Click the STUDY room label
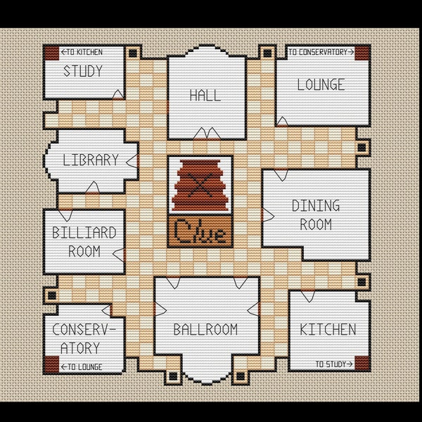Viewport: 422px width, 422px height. pyautogui.click(x=83, y=71)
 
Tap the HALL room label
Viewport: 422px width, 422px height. pyautogui.click(x=205, y=95)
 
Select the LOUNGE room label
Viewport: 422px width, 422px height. pyautogui.click(x=321, y=85)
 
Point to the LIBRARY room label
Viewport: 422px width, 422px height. pyautogui.click(x=91, y=160)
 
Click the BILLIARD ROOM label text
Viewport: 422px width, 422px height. pyautogui.click(x=84, y=241)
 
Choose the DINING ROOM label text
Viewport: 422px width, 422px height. pyautogui.click(x=316, y=215)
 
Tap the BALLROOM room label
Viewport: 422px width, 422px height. pyautogui.click(x=205, y=329)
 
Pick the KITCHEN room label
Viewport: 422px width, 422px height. pyautogui.click(x=328, y=329)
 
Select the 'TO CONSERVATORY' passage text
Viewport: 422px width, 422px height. pyautogui.click(x=321, y=51)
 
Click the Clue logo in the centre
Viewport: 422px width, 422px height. pyautogui.click(x=200, y=232)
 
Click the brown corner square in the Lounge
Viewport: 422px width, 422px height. pyautogui.click(x=362, y=53)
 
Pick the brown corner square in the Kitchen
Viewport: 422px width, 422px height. pyautogui.click(x=362, y=363)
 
